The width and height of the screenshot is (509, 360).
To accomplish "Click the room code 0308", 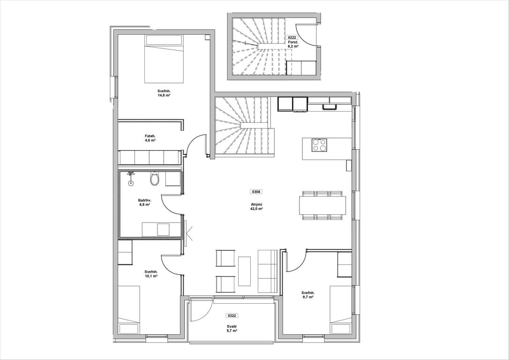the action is click(x=256, y=192).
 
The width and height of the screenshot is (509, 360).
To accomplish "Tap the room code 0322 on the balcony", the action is click(x=232, y=315).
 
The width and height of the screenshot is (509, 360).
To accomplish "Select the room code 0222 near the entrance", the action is click(x=292, y=37).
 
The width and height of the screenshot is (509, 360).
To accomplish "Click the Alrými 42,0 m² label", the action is click(x=256, y=206).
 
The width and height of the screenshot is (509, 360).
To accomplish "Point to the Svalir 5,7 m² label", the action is click(x=232, y=329).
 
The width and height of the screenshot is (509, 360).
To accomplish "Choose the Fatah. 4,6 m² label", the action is click(x=150, y=138).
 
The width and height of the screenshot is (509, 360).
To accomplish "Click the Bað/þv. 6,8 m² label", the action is click(x=144, y=202).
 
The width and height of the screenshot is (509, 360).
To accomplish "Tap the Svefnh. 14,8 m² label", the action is click(x=164, y=93).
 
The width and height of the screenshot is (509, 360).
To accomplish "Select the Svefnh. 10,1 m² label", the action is click(x=151, y=274).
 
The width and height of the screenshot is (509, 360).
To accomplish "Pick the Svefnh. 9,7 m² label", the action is click(x=307, y=294).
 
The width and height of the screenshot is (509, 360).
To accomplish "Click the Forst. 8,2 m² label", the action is click(x=293, y=44).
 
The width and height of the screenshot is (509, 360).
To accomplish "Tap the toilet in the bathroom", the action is click(x=155, y=178).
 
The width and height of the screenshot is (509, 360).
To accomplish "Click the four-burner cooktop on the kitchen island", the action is click(x=319, y=145).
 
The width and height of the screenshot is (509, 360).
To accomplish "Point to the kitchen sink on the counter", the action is click(x=329, y=106).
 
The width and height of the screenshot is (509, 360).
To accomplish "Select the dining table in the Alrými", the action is click(x=322, y=205).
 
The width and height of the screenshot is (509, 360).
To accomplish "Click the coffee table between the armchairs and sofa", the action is click(x=245, y=271).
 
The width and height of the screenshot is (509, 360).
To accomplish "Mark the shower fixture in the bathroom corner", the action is click(x=131, y=178).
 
